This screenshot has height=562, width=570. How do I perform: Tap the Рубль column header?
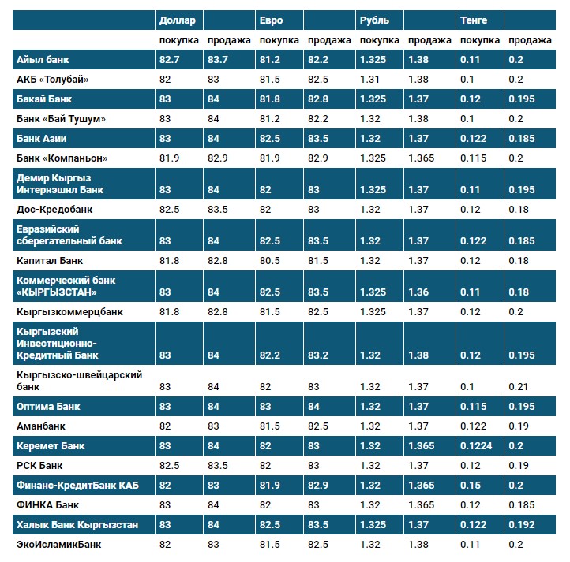click(x=373, y=20)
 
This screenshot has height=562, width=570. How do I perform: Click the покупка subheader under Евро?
click(x=279, y=39)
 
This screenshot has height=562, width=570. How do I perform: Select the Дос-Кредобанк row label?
click(x=54, y=209)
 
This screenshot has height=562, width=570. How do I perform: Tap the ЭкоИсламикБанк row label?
click(x=58, y=544)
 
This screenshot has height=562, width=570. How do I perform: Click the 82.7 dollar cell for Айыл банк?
click(x=170, y=60)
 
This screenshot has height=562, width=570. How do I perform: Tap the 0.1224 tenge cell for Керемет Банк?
click(x=476, y=446)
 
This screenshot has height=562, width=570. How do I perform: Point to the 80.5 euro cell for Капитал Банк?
click(x=270, y=260)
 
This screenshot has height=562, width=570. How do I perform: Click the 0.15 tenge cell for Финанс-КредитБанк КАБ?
click(x=471, y=486)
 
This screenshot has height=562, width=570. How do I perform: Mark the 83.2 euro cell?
click(x=318, y=355)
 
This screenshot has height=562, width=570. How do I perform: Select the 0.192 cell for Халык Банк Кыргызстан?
click(x=522, y=524)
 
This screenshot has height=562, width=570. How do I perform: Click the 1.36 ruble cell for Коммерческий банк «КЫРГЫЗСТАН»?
click(x=419, y=292)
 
